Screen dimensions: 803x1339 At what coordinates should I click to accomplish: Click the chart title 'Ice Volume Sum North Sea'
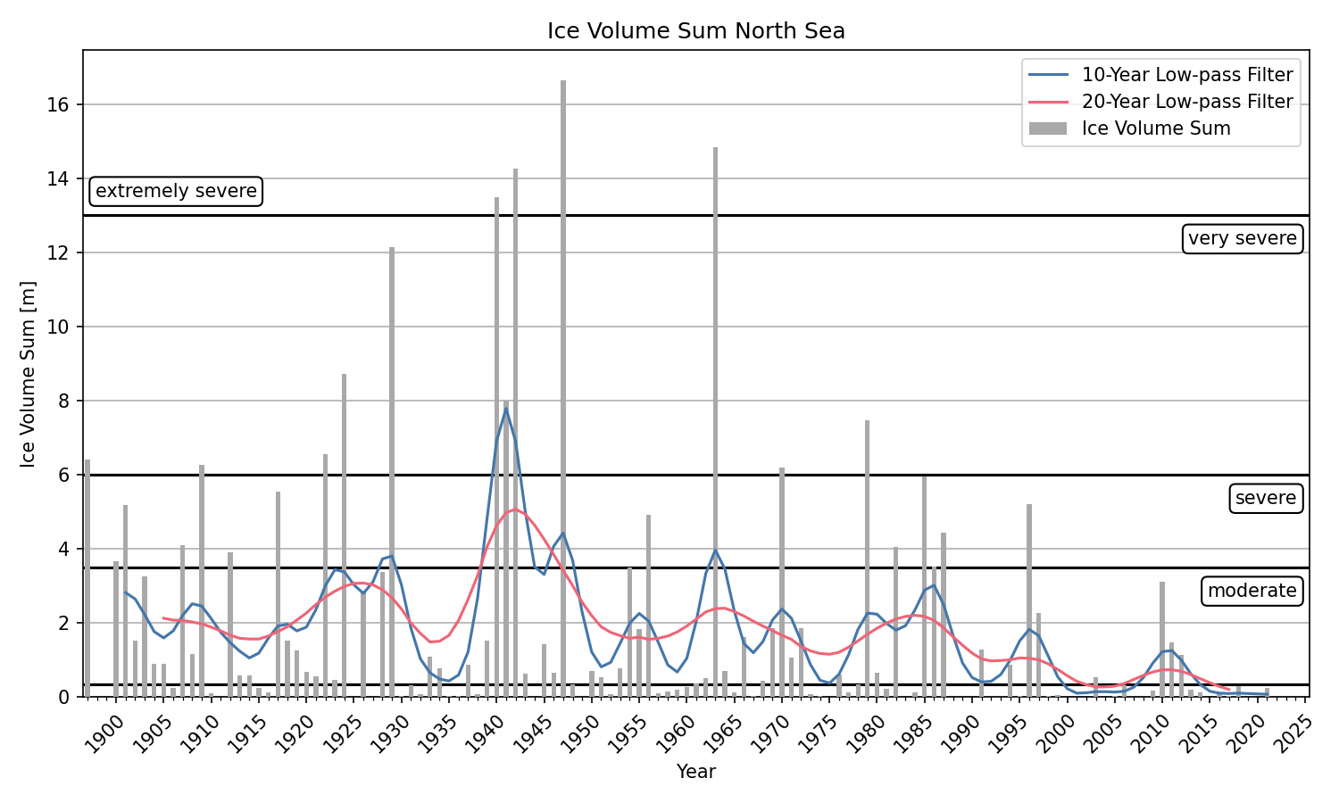[x=695, y=31]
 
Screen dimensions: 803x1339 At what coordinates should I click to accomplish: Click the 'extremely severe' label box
[x=176, y=191]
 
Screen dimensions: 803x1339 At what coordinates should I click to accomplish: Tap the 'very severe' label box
[x=1242, y=238]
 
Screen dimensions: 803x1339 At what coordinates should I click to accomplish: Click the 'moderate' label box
[x=1252, y=591]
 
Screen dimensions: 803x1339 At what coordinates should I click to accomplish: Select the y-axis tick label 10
[x=58, y=327]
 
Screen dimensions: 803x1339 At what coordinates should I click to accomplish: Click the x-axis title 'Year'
[x=695, y=772]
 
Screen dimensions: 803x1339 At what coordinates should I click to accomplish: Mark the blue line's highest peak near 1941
[x=506, y=409]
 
